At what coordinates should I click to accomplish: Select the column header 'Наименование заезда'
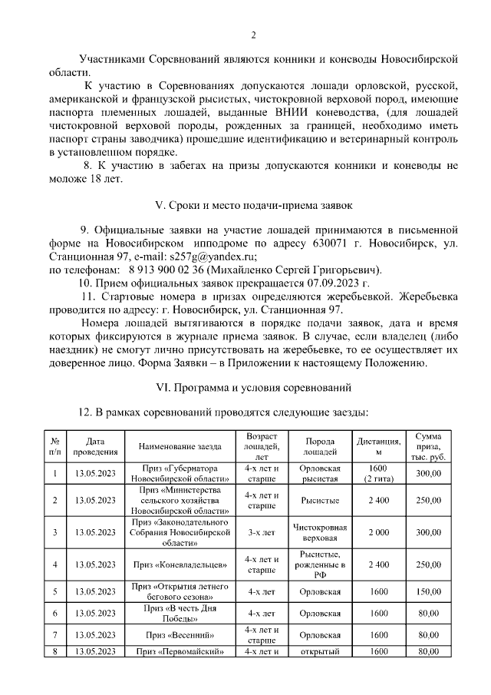(180, 446)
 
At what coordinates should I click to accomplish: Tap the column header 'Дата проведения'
(95, 446)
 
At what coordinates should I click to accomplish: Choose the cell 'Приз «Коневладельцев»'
(180, 564)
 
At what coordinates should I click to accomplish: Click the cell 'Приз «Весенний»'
(180, 636)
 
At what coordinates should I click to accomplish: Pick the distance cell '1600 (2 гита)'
(378, 474)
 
